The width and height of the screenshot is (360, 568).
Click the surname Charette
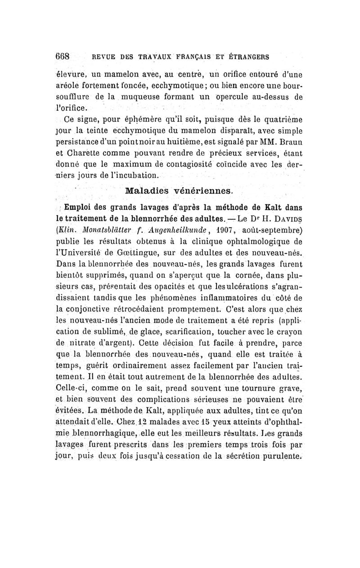(89, 156)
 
